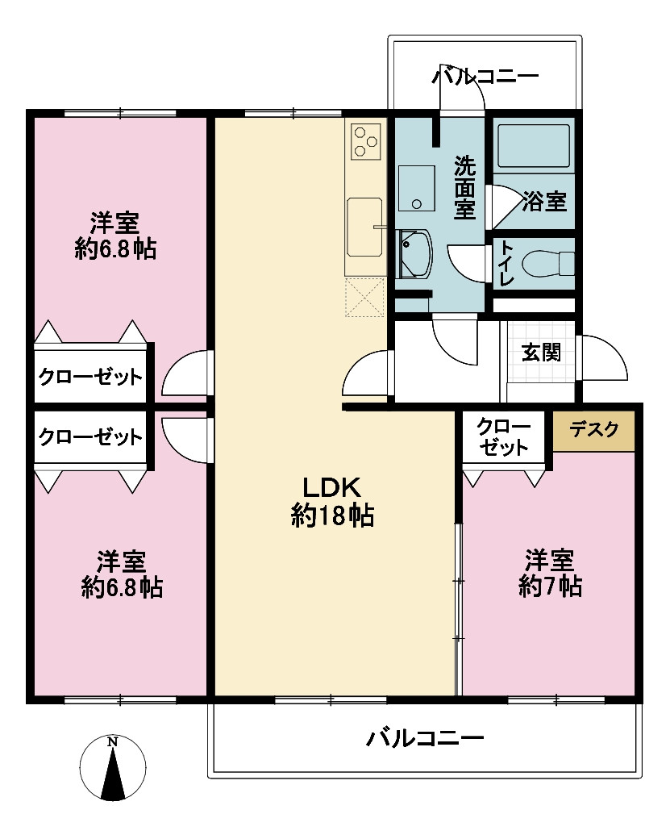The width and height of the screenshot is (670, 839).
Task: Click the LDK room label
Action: (x=332, y=487)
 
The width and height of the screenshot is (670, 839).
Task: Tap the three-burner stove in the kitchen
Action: (x=366, y=141)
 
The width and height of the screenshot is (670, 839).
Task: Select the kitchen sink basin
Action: (x=364, y=227)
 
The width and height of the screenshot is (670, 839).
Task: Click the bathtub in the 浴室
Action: (x=533, y=146)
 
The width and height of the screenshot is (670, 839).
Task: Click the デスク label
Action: (x=593, y=430)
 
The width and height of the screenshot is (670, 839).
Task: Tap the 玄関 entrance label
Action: (x=541, y=353)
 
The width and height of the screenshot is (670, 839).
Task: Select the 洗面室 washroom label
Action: (x=464, y=187)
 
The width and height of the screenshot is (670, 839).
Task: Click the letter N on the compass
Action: (x=112, y=741)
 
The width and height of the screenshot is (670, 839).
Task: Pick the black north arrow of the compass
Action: (x=113, y=774)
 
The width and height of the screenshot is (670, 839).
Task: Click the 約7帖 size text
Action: (x=550, y=587)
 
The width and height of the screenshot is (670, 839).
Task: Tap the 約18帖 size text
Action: (x=332, y=516)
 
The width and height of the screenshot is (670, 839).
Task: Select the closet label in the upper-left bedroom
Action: (x=90, y=378)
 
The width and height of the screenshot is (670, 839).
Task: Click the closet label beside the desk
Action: (x=503, y=437)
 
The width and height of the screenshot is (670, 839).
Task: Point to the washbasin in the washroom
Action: (x=415, y=254)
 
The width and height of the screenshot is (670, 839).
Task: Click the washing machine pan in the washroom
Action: (x=417, y=188)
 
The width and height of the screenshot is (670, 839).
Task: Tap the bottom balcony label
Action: (x=425, y=738)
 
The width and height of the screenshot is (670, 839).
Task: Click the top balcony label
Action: (x=485, y=77)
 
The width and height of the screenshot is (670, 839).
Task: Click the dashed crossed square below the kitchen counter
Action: (x=364, y=297)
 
